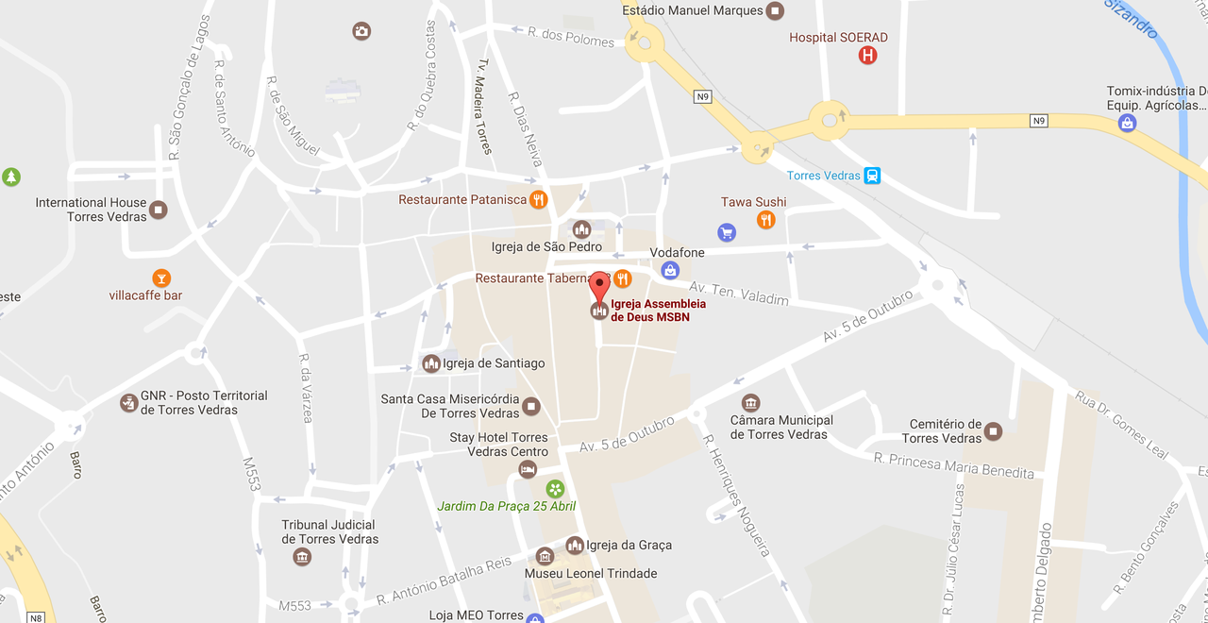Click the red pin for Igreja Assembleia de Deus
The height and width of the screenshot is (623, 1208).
click(599, 285)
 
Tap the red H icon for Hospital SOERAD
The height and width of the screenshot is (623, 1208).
click(867, 56)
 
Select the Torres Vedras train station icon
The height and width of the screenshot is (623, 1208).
click(872, 176)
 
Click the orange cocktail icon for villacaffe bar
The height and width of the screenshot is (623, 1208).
click(161, 278)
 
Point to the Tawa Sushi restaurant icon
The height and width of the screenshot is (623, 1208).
click(765, 220)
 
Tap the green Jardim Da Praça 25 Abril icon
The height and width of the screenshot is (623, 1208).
click(555, 488)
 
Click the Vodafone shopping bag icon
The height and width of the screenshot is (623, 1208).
click(669, 271)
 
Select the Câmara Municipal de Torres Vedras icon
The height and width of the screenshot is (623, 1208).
click(750, 402)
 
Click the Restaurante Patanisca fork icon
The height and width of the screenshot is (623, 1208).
click(538, 199)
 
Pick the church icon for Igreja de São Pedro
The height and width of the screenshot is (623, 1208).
click(581, 229)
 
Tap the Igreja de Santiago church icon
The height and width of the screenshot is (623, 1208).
click(431, 363)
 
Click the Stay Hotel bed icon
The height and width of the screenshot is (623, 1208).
click(528, 469)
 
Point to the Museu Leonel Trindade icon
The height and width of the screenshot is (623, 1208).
click(545, 556)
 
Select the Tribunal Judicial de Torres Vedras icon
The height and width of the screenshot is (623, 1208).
click(302, 557)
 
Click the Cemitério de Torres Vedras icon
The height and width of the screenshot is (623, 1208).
click(993, 431)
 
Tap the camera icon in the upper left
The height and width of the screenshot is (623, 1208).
click(361, 31)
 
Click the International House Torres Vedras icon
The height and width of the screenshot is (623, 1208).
click(159, 210)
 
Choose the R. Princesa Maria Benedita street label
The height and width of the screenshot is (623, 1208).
click(953, 466)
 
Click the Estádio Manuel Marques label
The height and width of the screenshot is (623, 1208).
click(693, 10)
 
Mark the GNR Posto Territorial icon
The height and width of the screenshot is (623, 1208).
click(128, 403)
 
